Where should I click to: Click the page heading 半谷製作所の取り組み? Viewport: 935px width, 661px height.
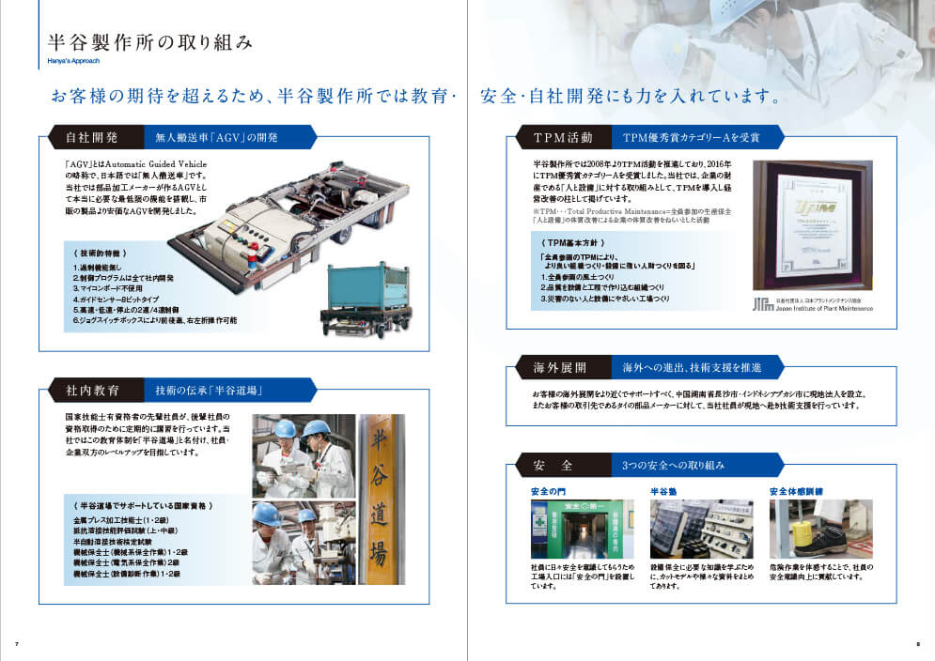coord(149,43)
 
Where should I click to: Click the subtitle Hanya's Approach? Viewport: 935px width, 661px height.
coord(72,62)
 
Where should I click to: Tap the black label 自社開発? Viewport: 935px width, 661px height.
coord(91,138)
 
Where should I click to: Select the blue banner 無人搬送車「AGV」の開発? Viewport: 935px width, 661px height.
coord(217,138)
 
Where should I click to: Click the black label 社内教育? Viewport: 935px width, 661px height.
coord(91,390)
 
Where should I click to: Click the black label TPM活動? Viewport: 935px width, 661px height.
coord(562,138)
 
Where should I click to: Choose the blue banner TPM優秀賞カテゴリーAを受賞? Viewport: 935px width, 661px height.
coord(691,138)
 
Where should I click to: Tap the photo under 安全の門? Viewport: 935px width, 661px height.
coord(570,529)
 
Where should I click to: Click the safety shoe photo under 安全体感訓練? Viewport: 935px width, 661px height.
coord(807,529)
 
